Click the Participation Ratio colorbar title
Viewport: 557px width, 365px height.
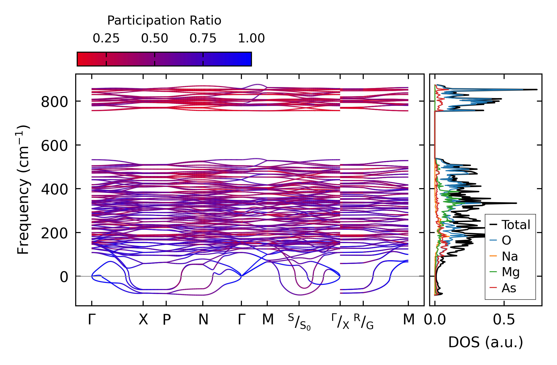(x=164, y=21)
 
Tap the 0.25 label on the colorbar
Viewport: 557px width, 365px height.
(x=106, y=38)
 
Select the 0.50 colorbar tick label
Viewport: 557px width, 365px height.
(x=154, y=38)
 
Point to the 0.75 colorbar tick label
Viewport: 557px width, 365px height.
(x=203, y=38)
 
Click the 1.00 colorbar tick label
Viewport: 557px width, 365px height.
(x=251, y=38)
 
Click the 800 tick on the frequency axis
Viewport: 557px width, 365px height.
(x=54, y=102)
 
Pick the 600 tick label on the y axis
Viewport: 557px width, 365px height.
(x=54, y=146)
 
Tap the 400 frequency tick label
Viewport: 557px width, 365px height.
(x=54, y=189)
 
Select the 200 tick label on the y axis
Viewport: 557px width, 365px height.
(x=54, y=233)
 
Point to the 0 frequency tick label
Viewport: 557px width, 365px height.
(x=64, y=277)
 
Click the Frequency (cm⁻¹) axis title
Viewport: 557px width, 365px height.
(x=23, y=190)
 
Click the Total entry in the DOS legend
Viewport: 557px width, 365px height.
(x=516, y=225)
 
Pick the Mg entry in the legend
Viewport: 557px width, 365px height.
(x=510, y=272)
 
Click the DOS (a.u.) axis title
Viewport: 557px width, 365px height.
(x=486, y=342)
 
